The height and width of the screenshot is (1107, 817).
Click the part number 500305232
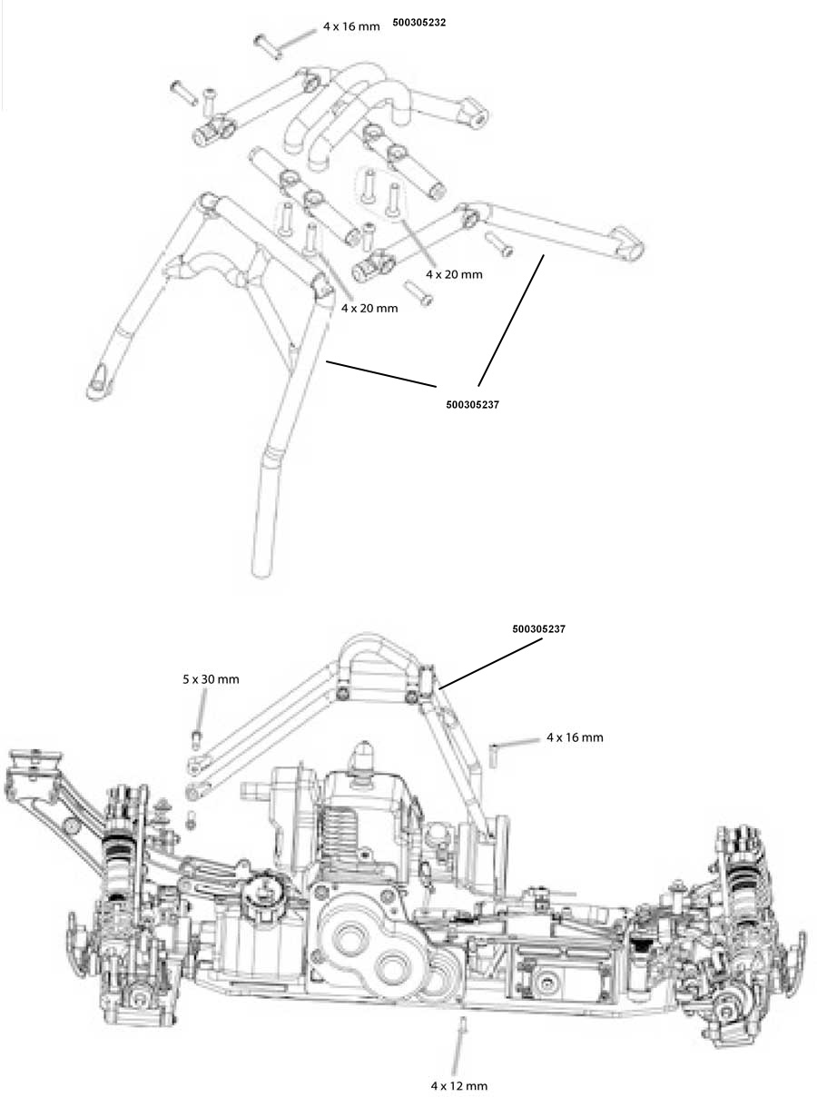418,23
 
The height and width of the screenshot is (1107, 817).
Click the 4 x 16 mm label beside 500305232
351,26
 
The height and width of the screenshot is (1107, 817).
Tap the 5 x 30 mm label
211,679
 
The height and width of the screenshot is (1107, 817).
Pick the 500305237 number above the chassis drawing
539,629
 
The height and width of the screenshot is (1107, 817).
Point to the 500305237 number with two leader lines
473,405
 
